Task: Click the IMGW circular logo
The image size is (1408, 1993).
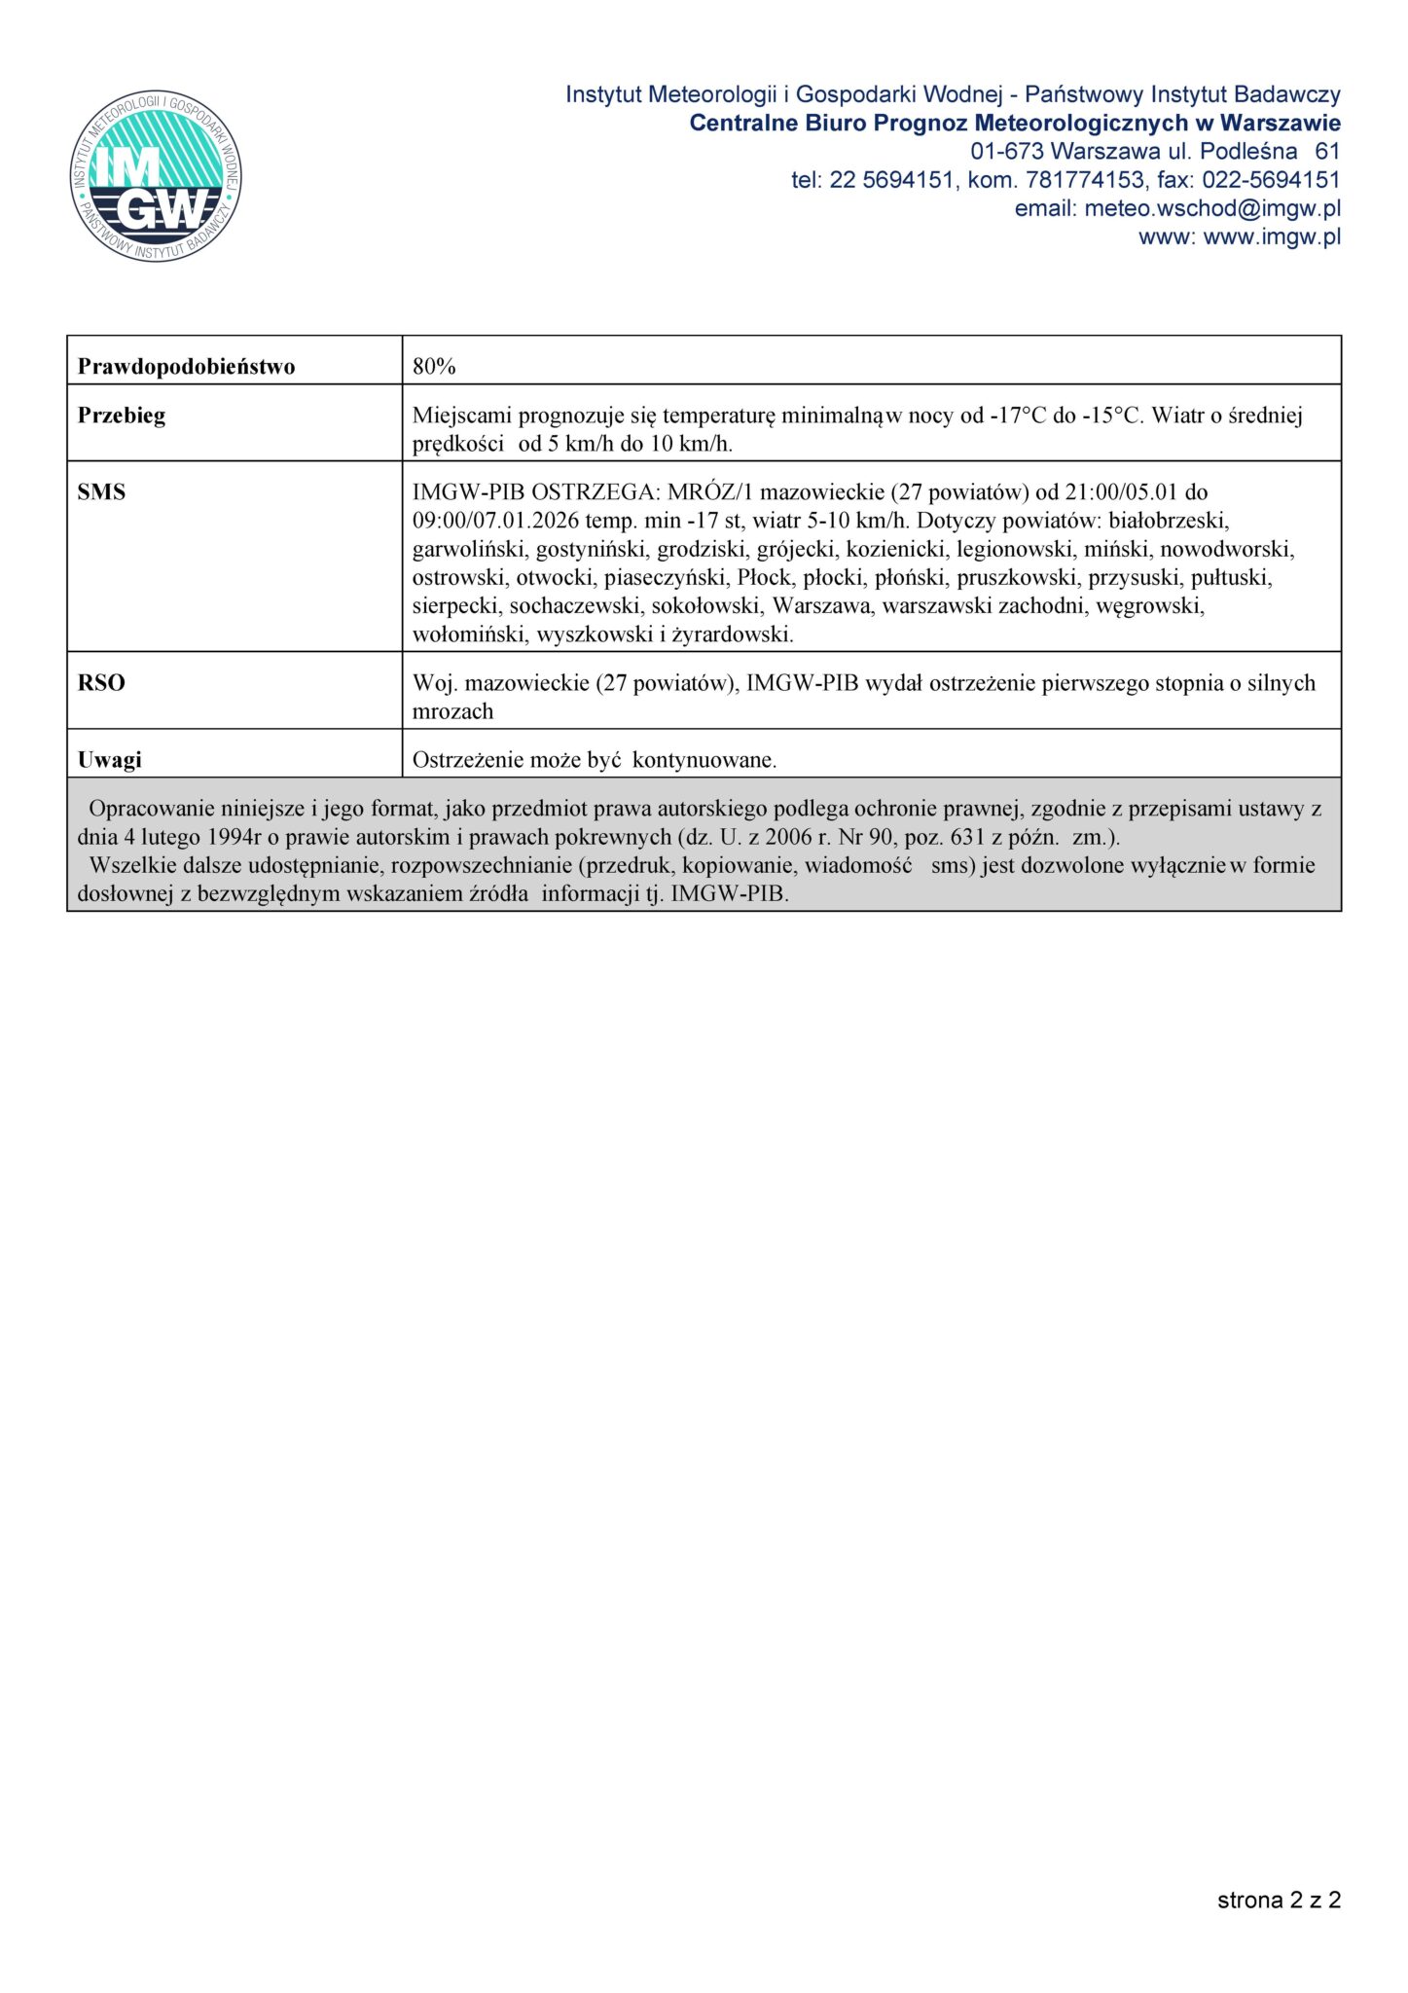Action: coord(156,176)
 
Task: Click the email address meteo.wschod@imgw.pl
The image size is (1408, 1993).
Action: coord(1211,208)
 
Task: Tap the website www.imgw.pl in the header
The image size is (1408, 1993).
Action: coord(1272,236)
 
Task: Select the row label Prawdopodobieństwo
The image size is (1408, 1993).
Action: coord(186,367)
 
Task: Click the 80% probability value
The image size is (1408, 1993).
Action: coord(434,367)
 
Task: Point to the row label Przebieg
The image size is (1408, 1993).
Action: coord(122,416)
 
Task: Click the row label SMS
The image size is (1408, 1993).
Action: coord(101,492)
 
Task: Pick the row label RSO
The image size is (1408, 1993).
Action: coord(101,683)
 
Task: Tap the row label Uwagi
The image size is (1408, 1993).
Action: coord(109,760)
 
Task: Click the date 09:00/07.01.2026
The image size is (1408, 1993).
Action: coord(495,521)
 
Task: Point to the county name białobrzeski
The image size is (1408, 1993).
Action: coord(1169,521)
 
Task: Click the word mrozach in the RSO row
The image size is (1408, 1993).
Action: coord(452,711)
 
